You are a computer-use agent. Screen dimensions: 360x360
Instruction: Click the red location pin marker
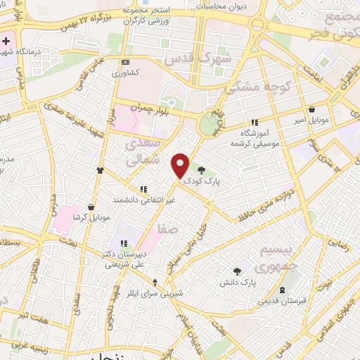181,165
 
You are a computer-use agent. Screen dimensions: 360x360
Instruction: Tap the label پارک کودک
202,181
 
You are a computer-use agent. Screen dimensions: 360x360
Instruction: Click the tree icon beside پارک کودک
202,169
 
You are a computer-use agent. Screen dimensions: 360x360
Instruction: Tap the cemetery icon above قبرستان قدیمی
282,290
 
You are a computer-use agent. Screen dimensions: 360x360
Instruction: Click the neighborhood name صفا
168,229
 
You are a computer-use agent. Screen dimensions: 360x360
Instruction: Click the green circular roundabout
209,125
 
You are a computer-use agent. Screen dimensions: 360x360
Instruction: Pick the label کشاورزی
128,73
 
